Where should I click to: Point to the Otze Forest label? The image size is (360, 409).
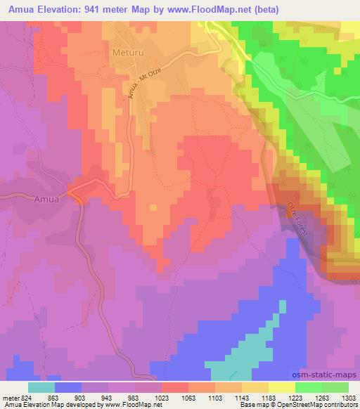click(297, 219)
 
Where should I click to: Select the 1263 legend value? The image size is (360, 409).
click(321, 398)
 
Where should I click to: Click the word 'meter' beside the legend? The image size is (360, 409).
click(10, 398)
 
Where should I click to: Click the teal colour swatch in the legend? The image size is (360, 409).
click(41, 387)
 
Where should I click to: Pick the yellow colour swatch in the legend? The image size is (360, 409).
click(282, 387)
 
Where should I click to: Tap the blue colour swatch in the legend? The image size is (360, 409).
click(68, 387)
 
